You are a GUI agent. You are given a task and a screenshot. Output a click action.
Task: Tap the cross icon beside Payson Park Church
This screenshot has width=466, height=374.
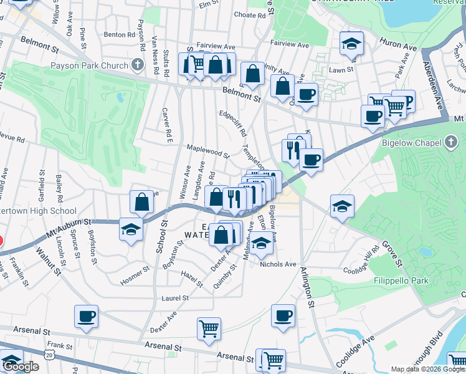point(137,65)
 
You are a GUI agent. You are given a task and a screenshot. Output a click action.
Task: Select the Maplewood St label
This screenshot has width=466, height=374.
point(208,150)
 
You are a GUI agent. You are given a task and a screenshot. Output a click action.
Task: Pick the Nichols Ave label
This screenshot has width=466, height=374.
point(278,264)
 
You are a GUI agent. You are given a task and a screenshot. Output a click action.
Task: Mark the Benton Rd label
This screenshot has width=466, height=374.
point(119,35)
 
